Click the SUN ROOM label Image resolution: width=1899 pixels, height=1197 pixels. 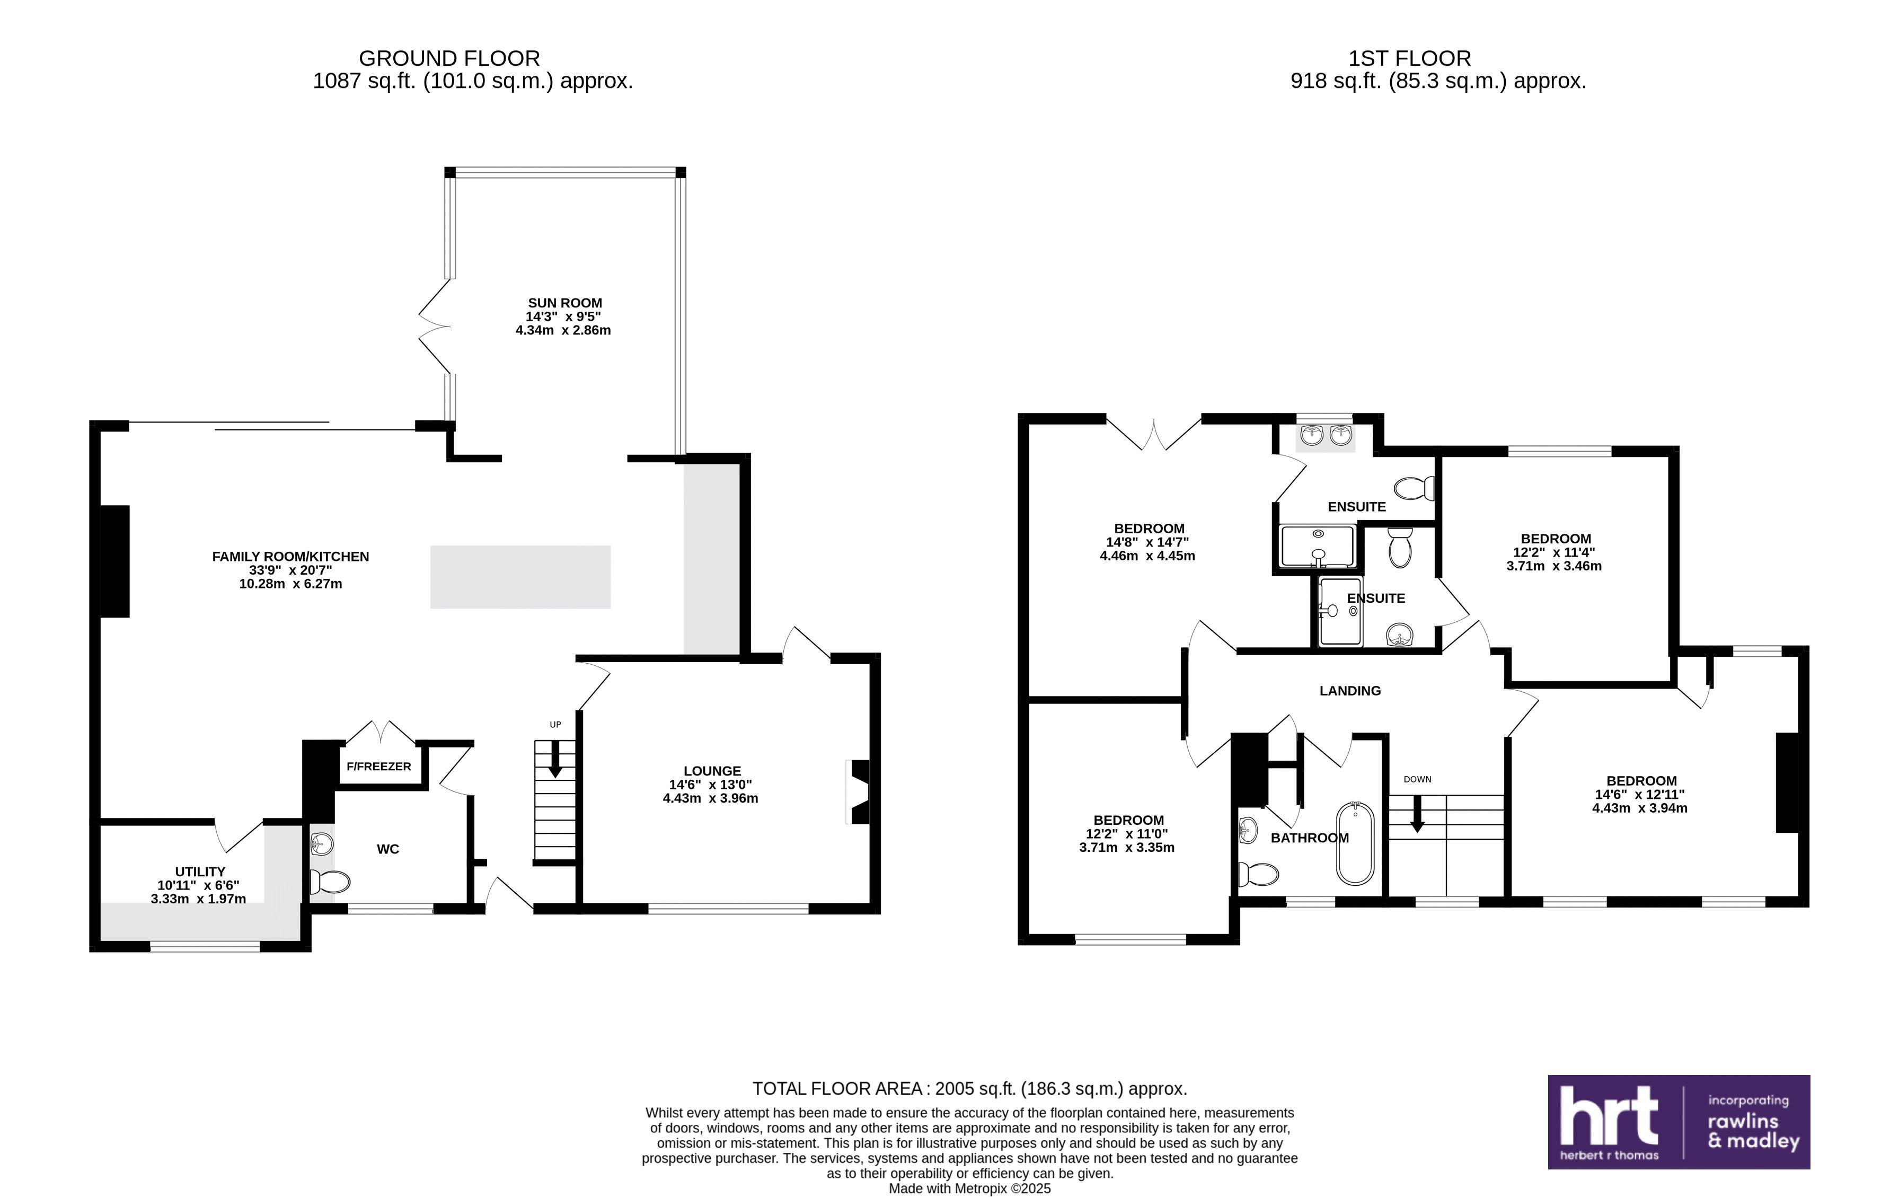[564, 303]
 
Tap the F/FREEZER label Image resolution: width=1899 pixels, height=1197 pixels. [378, 767]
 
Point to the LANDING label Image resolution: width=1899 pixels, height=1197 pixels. [1350, 691]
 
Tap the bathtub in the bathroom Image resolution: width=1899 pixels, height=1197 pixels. [1355, 844]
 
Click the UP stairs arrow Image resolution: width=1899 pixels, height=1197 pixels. [555, 760]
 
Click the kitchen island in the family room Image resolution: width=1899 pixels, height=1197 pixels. [520, 577]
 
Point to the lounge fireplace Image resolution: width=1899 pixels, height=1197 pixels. [858, 791]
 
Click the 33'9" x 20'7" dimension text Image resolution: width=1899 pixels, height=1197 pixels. [290, 570]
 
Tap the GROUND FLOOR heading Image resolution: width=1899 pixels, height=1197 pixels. [449, 58]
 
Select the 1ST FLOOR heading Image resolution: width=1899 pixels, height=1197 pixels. [1410, 58]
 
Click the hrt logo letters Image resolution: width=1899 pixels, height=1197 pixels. [1609, 1116]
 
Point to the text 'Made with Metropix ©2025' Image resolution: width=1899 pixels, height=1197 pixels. [970, 1189]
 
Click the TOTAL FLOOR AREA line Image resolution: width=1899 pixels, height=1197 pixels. [970, 1089]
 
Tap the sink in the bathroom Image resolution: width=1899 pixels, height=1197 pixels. [1248, 829]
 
